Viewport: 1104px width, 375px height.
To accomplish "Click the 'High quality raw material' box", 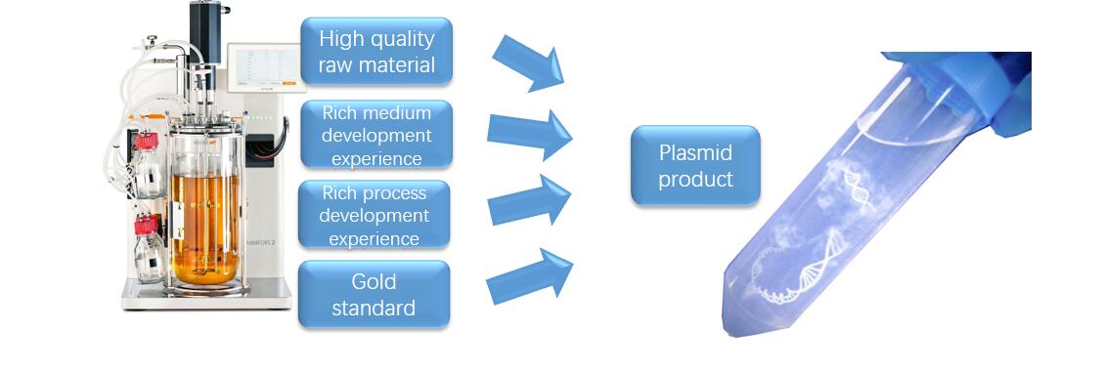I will tap(376, 53).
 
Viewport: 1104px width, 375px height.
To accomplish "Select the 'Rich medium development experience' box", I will tap(376, 133).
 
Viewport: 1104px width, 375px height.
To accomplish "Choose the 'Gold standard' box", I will tap(374, 294).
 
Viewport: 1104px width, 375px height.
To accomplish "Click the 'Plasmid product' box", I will tap(694, 165).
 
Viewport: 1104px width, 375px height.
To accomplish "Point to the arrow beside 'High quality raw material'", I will tap(529, 62).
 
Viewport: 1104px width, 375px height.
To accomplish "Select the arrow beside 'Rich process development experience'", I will tap(529, 200).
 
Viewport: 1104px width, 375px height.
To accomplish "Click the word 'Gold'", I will tap(374, 281).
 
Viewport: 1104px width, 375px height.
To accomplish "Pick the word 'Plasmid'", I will tap(694, 153).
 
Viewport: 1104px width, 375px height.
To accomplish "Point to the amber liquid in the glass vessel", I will tap(205, 225).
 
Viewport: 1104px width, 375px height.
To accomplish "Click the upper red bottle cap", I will tap(146, 143).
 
